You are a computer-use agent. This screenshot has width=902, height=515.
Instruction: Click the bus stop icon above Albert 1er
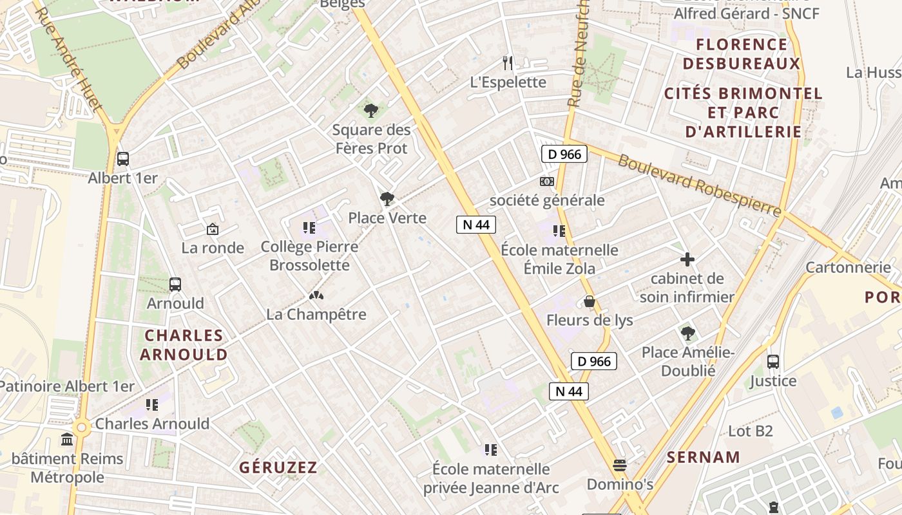pyautogui.click(x=122, y=158)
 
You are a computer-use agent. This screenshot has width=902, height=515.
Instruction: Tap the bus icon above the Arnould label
pyautogui.click(x=175, y=284)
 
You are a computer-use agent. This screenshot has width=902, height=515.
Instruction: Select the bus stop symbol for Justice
pyautogui.click(x=773, y=361)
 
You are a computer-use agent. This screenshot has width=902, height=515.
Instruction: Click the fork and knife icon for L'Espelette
pyautogui.click(x=508, y=62)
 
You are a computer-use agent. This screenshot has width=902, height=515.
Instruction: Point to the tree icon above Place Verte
pyautogui.click(x=387, y=199)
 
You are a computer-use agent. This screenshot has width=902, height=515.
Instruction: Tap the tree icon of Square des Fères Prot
pyautogui.click(x=370, y=111)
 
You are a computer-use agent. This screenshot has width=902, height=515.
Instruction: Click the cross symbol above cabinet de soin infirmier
pyautogui.click(x=687, y=259)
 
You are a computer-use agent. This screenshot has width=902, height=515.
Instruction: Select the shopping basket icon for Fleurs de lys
pyautogui.click(x=589, y=301)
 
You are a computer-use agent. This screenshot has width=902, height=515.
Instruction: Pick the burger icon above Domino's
pyautogui.click(x=620, y=464)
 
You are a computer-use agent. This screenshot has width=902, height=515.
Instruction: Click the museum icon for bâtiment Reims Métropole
pyautogui.click(x=67, y=440)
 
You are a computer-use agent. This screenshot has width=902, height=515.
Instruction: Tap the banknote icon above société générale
pyautogui.click(x=546, y=182)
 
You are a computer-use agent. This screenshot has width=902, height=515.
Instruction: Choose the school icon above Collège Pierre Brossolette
pyautogui.click(x=309, y=227)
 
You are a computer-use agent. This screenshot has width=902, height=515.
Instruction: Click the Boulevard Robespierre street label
pyautogui.click(x=699, y=185)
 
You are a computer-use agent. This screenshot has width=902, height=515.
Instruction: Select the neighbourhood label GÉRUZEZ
pyautogui.click(x=278, y=467)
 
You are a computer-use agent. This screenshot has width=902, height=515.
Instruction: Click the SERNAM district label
pyautogui.click(x=704, y=458)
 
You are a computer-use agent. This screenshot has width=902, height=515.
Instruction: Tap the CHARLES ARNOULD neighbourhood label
pyautogui.click(x=184, y=344)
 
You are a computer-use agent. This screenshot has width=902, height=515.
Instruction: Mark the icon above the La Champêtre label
pyautogui.click(x=316, y=295)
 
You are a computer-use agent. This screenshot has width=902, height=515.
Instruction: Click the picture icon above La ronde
pyautogui.click(x=212, y=229)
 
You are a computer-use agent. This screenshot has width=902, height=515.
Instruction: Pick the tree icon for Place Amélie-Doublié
pyautogui.click(x=687, y=333)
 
